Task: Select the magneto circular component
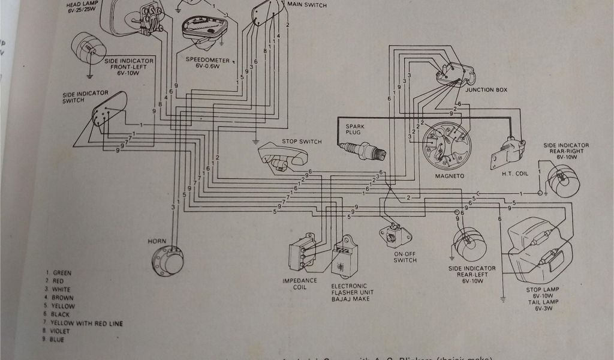coord(447,147)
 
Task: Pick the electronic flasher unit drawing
coord(345,258)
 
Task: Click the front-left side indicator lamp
coord(88,46)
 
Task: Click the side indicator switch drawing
coord(106,112)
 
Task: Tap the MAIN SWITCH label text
coord(307,5)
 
